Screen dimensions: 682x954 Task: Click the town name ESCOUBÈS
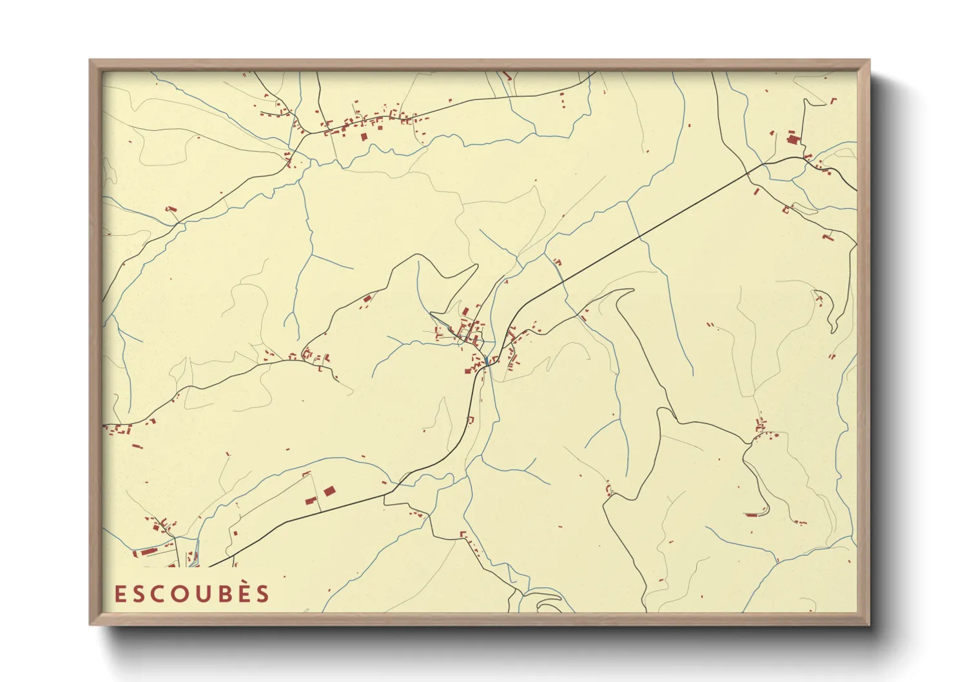[x=191, y=594]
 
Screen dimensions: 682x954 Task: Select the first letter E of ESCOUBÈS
[x=120, y=594]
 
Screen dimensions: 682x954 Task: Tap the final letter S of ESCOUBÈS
[x=262, y=594]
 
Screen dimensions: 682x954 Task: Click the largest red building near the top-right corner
[x=793, y=139]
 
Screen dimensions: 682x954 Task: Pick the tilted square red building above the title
[x=329, y=491]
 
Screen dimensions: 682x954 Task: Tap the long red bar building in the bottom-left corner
[x=149, y=551]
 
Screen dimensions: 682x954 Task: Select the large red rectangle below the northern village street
[x=363, y=137]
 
